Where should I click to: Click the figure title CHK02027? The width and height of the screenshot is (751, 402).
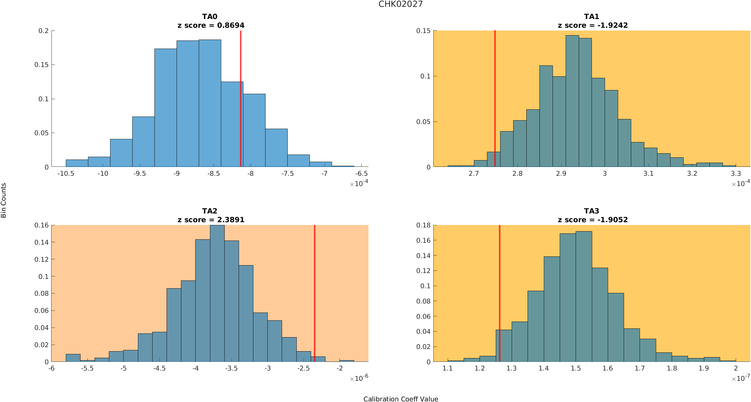[400, 4]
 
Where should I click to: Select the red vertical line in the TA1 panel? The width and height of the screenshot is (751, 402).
[495, 93]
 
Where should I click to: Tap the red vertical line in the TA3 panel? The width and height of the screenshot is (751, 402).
[500, 280]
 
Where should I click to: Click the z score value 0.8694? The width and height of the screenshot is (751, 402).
[231, 25]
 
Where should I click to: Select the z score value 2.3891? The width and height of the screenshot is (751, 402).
[231, 220]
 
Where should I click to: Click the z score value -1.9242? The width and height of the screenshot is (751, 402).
[612, 25]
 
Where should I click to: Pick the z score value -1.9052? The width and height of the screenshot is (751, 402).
[612, 220]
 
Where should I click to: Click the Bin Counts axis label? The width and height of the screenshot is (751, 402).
[4, 200]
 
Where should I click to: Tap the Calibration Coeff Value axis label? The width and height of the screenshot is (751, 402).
[401, 399]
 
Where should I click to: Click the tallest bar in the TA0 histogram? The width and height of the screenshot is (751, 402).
[210, 103]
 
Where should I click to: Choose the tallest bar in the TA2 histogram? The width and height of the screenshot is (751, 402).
[217, 293]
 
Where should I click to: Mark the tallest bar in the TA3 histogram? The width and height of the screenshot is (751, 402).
[584, 296]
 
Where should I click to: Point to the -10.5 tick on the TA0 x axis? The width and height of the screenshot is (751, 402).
[66, 174]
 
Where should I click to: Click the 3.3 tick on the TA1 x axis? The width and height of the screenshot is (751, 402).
[736, 174]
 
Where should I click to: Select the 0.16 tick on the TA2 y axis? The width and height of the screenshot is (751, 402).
[41, 225]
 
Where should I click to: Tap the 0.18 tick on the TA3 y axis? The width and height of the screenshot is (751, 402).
[423, 225]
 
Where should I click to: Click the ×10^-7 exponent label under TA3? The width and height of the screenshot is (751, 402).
[741, 378]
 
